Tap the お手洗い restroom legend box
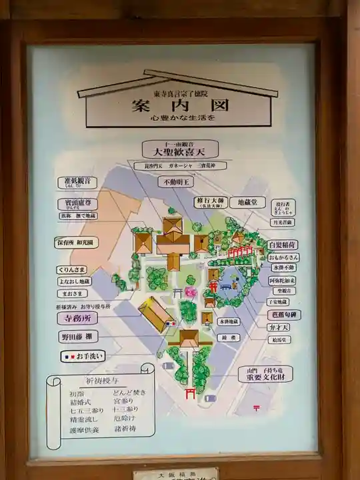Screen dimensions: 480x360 tap(83, 357)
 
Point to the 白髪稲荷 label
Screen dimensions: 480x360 tap(283, 245)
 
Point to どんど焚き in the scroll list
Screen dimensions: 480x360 tap(129, 392)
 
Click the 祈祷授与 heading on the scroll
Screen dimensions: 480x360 tap(99, 380)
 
